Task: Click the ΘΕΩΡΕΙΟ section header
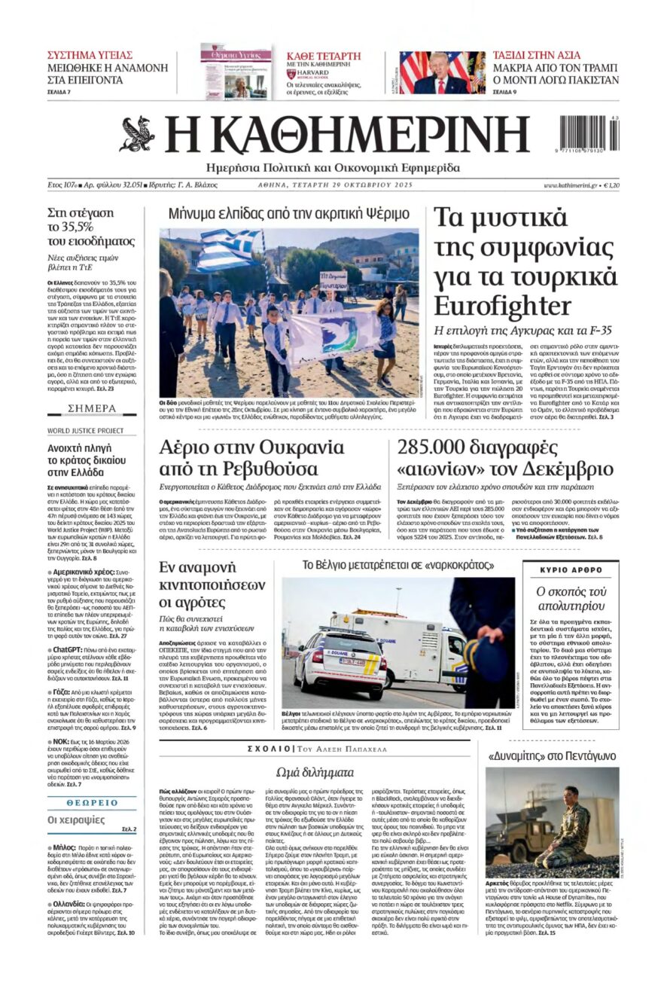coord(91,803)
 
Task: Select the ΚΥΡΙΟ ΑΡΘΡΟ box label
coord(571,569)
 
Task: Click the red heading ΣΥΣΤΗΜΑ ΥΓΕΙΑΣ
coord(90,55)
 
